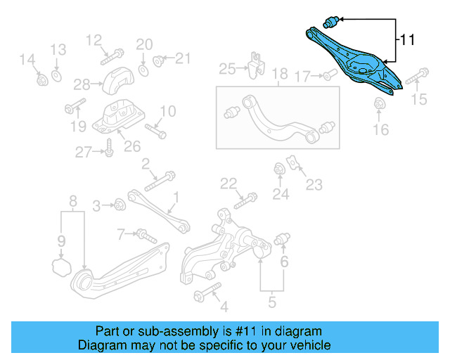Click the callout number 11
coord(408,40)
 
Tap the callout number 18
coord(279,74)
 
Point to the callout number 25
coord(227,68)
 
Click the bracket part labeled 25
coord(255,64)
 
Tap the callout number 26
coord(132,146)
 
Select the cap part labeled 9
coord(61,266)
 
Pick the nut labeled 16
coord(378,105)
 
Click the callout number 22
coord(228,184)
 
